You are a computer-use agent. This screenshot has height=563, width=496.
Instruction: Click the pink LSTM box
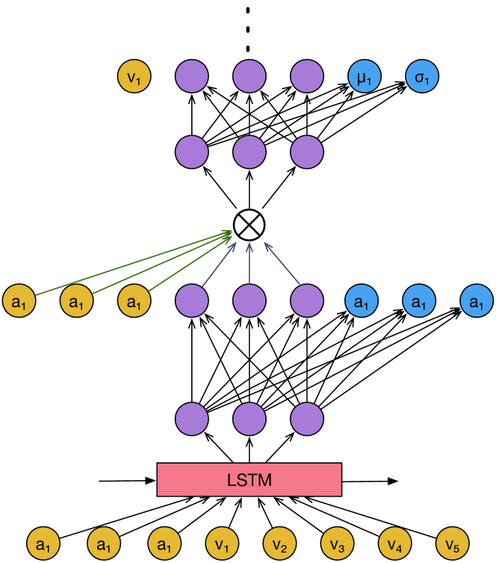[x=249, y=480]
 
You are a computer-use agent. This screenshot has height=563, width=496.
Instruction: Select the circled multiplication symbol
[x=249, y=225]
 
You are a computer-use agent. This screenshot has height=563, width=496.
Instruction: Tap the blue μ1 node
[x=365, y=76]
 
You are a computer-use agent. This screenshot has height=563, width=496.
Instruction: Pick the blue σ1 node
[x=422, y=76]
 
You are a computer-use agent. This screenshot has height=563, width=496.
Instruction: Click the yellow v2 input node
[x=279, y=544]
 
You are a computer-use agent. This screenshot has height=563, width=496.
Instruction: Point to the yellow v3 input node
[x=337, y=544]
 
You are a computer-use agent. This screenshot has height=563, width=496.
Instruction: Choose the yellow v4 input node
[x=395, y=544]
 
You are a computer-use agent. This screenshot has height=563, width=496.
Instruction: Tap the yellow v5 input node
[x=452, y=544]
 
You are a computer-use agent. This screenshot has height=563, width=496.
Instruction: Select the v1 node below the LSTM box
[x=222, y=544]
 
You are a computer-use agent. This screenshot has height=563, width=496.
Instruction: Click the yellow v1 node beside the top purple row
[x=134, y=76]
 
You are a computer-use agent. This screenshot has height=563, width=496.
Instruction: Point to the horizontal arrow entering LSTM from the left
[x=128, y=481]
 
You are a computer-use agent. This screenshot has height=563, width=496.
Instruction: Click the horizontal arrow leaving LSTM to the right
[x=370, y=481]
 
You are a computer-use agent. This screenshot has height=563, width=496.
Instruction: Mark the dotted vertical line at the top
[x=248, y=29]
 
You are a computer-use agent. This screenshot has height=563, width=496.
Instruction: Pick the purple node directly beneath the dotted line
[x=249, y=76]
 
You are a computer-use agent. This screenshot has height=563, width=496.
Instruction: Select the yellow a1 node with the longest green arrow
[x=19, y=301]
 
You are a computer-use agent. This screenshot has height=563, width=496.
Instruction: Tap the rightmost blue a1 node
[x=477, y=301]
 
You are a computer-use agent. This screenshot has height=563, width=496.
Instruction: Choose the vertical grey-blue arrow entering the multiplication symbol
[x=249, y=263]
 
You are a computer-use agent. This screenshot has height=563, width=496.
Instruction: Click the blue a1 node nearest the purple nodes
[x=362, y=301]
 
